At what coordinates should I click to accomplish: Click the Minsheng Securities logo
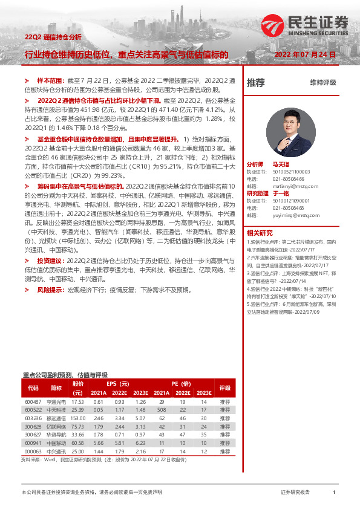click(306, 25)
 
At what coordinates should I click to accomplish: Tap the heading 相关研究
click(260, 233)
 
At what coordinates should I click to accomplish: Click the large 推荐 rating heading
click(256, 83)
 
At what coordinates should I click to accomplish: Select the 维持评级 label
click(322, 83)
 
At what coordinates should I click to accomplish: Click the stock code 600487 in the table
click(33, 402)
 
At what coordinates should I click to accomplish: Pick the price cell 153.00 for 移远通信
click(77, 418)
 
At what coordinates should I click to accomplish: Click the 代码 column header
click(33, 387)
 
